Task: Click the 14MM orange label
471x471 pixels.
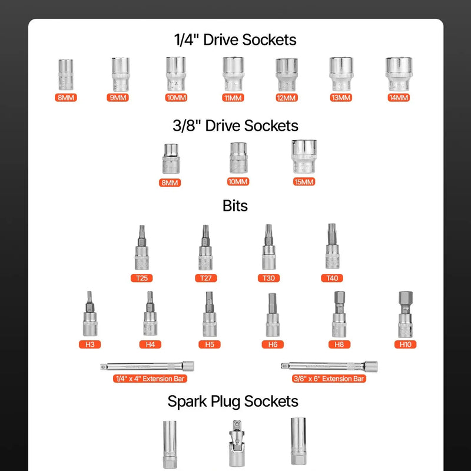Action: pyautogui.click(x=399, y=98)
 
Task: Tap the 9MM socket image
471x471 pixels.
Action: pyautogui.click(x=121, y=74)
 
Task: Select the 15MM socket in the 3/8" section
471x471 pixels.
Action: pyautogui.click(x=304, y=157)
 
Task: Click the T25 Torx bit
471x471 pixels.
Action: pyautogui.click(x=142, y=247)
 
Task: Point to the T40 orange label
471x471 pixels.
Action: pyautogui.click(x=332, y=278)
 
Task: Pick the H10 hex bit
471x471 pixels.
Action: pyautogui.click(x=406, y=314)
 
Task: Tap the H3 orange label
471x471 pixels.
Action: pyautogui.click(x=90, y=344)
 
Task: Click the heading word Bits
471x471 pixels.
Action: pyautogui.click(x=235, y=205)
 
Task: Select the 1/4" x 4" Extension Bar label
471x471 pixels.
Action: pyautogui.click(x=150, y=379)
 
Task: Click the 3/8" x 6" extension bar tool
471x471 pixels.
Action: pyautogui.click(x=329, y=366)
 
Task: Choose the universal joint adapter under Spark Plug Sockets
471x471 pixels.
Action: pyautogui.click(x=237, y=443)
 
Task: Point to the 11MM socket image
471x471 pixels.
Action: pyautogui.click(x=233, y=74)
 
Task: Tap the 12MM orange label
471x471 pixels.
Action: pyautogui.click(x=287, y=98)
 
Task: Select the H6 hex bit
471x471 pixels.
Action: pyautogui.click(x=273, y=315)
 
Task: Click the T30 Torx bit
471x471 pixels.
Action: pyautogui.click(x=269, y=247)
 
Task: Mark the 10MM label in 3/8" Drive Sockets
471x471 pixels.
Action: pyautogui.click(x=238, y=182)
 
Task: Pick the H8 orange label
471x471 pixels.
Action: pyautogui.click(x=339, y=344)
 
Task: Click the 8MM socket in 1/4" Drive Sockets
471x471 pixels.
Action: pyautogui.click(x=66, y=75)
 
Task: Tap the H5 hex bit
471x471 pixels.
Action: pyautogui.click(x=210, y=314)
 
